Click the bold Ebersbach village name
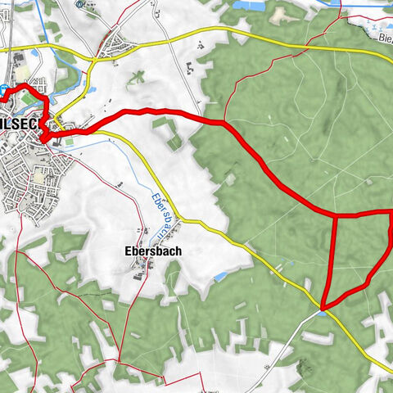click(x=153, y=251)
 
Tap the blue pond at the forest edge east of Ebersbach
click(x=220, y=277)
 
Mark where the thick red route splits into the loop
click(x=337, y=217)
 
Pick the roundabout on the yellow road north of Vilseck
click(x=94, y=60)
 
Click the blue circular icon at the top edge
click(x=79, y=3)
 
